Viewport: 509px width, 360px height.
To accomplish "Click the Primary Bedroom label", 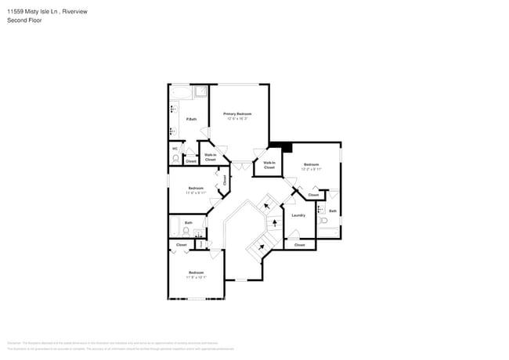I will (x=237, y=113).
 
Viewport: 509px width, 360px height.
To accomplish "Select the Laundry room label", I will (x=298, y=215).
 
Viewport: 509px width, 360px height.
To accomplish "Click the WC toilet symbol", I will (x=176, y=157).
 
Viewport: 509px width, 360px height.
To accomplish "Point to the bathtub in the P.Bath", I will (x=179, y=93).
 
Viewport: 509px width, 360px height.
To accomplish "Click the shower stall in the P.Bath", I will (x=200, y=92).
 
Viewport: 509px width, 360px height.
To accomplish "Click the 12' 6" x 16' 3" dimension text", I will (x=237, y=119).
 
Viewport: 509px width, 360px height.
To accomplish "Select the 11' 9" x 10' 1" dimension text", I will (x=196, y=277).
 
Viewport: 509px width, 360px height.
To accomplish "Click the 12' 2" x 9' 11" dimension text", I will (x=311, y=169).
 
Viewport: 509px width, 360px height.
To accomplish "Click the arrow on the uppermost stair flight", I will (x=266, y=206).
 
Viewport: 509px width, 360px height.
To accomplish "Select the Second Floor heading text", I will (x=26, y=20).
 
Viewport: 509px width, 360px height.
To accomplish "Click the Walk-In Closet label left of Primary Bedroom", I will (x=210, y=157).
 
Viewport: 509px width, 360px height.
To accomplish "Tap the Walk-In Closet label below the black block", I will (x=269, y=165).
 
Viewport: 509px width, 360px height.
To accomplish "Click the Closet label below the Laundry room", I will (x=299, y=245).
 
